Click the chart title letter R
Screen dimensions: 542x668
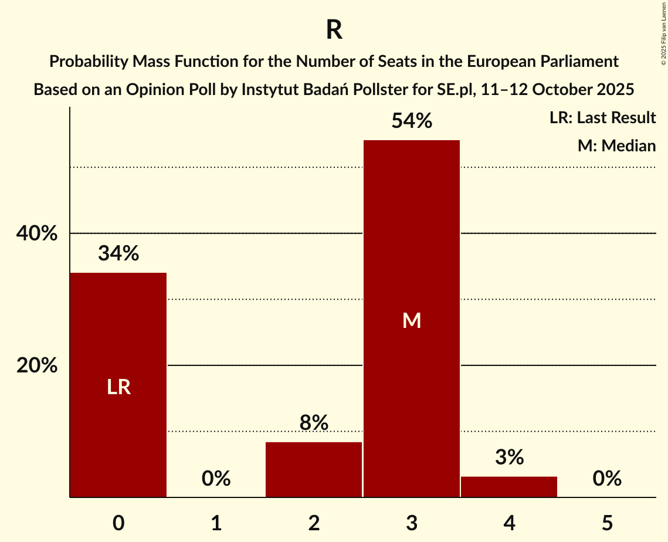334,31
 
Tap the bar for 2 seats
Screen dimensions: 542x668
314,469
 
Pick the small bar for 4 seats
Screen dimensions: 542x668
509,487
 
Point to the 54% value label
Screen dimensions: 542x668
412,121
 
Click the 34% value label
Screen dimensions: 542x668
118,253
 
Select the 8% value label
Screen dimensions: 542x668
314,422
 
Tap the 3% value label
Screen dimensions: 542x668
509,457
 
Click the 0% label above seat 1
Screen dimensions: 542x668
216,479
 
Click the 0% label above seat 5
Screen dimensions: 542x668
607,479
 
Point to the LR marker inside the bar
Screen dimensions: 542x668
118,387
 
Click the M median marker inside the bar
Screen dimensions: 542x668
412,320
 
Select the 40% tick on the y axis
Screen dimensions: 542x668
36,233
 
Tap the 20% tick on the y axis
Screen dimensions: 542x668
36,365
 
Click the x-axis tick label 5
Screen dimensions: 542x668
607,523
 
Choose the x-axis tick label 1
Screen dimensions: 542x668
216,523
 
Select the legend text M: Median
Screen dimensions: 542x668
616,145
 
